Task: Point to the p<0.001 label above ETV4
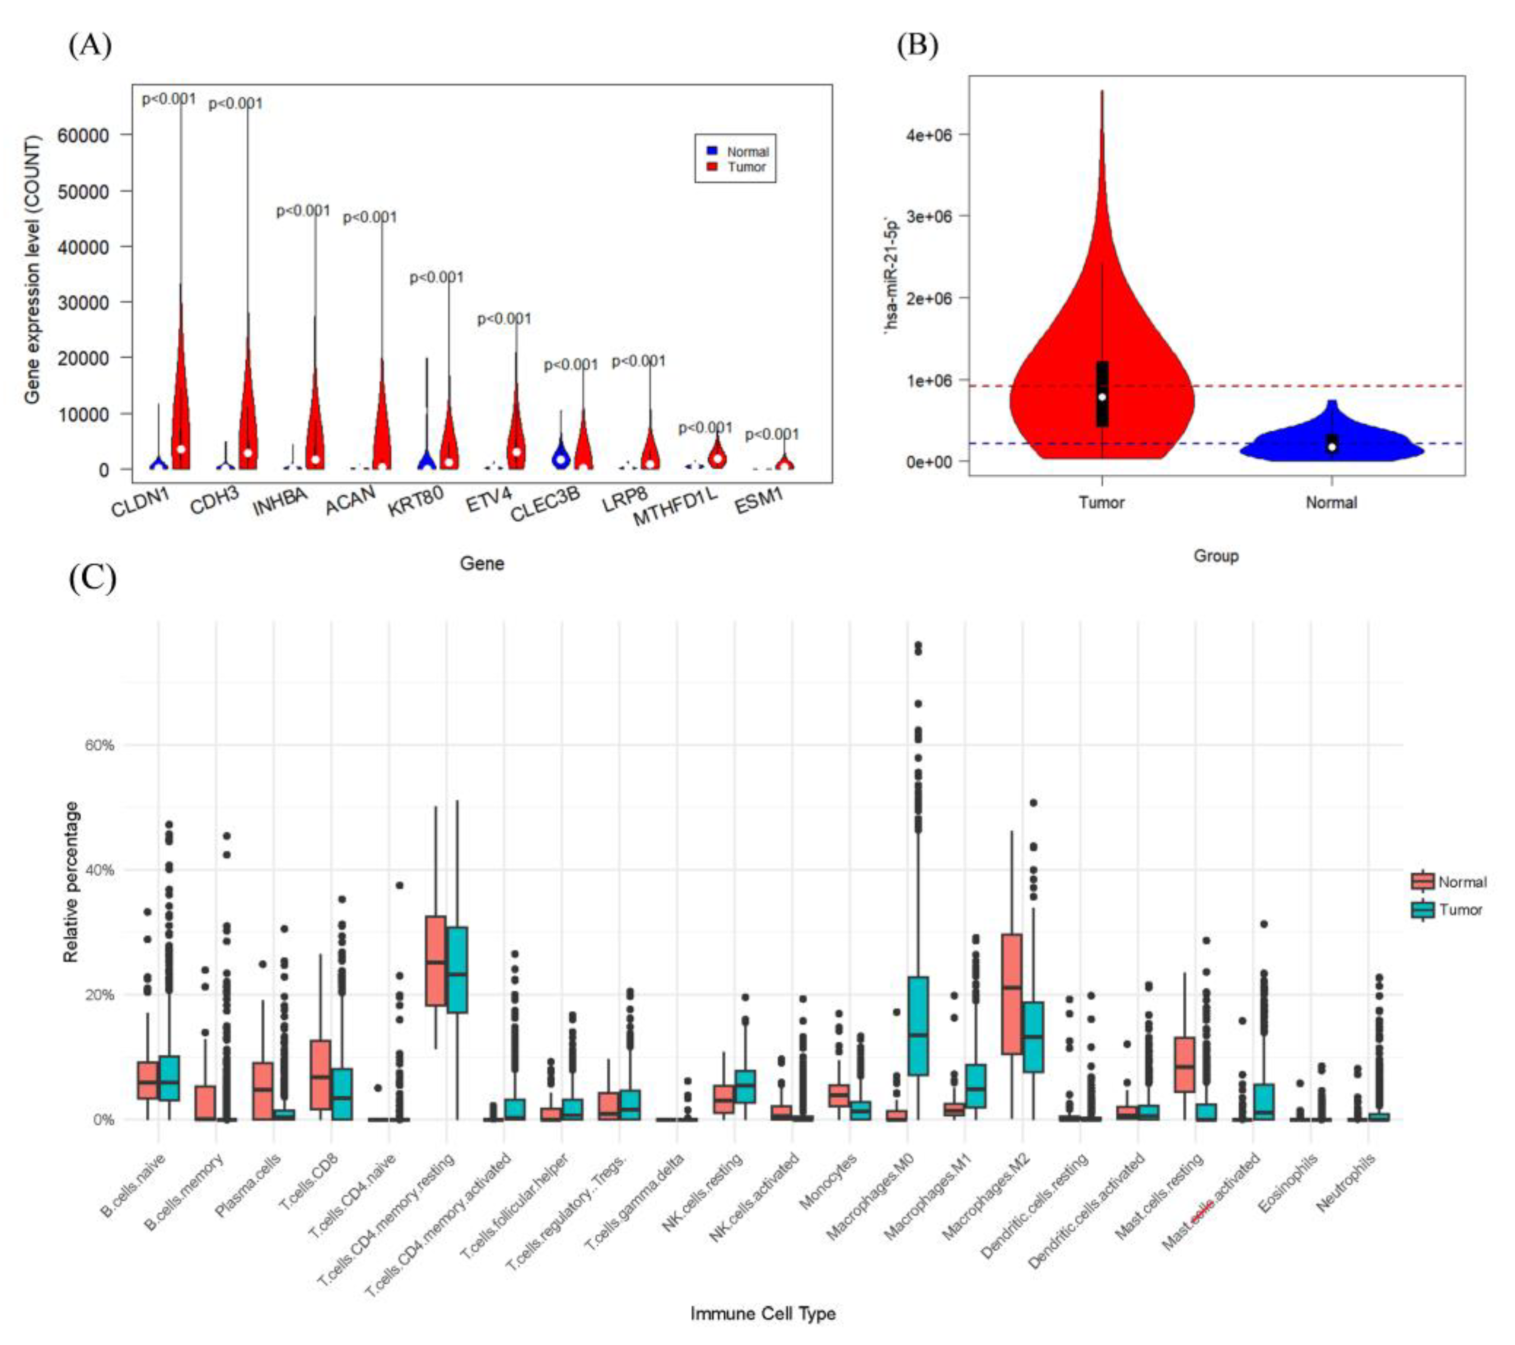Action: (504, 319)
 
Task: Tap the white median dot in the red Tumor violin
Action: (1102, 397)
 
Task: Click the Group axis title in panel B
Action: (1216, 555)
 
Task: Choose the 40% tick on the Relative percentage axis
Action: (99, 870)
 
